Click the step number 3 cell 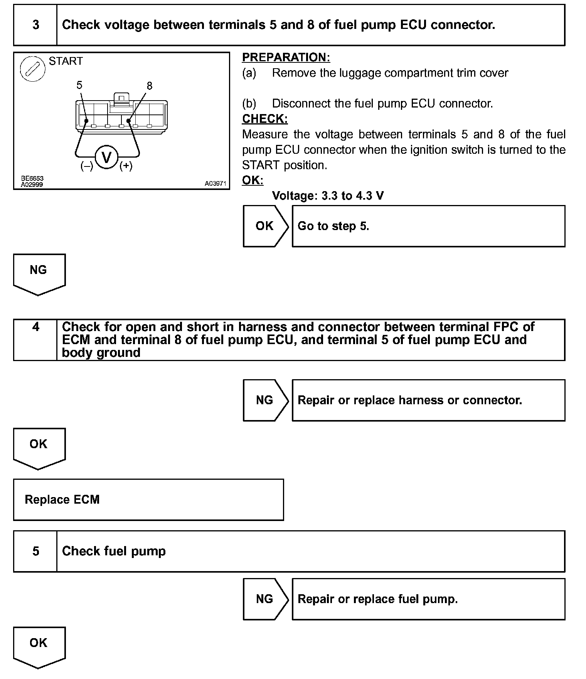pyautogui.click(x=35, y=25)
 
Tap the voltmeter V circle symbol pyautogui.click(x=106, y=157)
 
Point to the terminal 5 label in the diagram pyautogui.click(x=79, y=85)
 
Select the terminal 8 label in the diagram pyautogui.click(x=150, y=86)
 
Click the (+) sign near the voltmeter pyautogui.click(x=126, y=166)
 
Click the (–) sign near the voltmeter pyautogui.click(x=87, y=166)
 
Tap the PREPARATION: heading pyautogui.click(x=286, y=57)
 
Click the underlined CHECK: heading pyautogui.click(x=264, y=119)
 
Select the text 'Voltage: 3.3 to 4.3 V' pyautogui.click(x=328, y=196)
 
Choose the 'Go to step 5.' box pyautogui.click(x=428, y=226)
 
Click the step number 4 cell pyautogui.click(x=35, y=327)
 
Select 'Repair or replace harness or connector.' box pyautogui.click(x=428, y=400)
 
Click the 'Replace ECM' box pyautogui.click(x=148, y=500)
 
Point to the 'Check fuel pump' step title pyautogui.click(x=114, y=551)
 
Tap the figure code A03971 pyautogui.click(x=215, y=184)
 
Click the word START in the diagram pyautogui.click(x=66, y=61)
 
